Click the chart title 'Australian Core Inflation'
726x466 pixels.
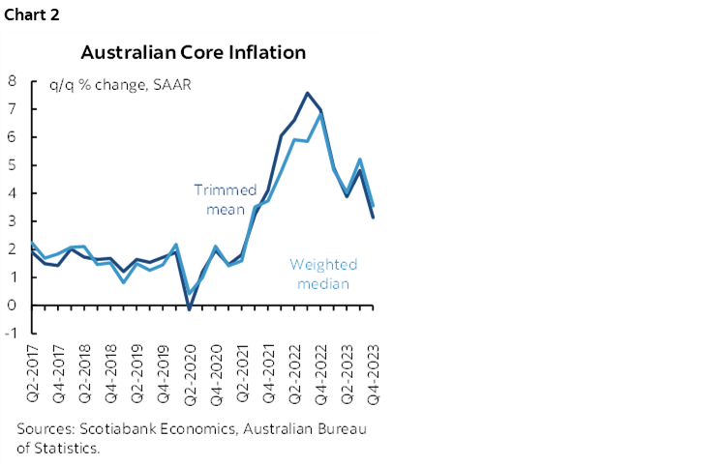click(193, 51)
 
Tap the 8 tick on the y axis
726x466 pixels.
click(12, 81)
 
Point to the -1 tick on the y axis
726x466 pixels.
click(10, 333)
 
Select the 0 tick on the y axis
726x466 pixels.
click(12, 305)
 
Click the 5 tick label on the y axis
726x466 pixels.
click(12, 165)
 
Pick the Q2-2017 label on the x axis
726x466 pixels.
click(33, 373)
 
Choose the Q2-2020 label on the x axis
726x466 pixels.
click(191, 373)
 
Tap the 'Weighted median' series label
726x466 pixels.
click(323, 274)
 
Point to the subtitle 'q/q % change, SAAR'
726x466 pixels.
click(121, 84)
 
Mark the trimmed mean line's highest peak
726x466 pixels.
click(307, 93)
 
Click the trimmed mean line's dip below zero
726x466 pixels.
click(190, 309)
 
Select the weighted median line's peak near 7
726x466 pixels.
click(320, 114)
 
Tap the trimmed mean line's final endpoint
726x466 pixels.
click(374, 218)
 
